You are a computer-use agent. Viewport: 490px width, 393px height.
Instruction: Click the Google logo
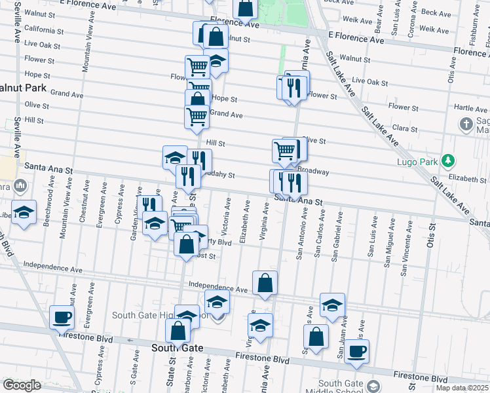pos(22,385)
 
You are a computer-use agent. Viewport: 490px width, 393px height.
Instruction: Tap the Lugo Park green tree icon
pos(448,160)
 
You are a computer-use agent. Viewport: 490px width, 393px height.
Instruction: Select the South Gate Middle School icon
pos(373,386)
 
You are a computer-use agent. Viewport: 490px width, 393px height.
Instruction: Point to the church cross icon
pos(466,124)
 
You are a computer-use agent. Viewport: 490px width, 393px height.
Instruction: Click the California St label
pos(44,30)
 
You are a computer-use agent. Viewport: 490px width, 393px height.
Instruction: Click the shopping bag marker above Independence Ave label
pos(265,284)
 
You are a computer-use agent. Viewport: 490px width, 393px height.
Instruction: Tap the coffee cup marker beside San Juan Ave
pos(356,351)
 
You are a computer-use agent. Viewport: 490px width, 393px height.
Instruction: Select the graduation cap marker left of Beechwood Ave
pos(24,213)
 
